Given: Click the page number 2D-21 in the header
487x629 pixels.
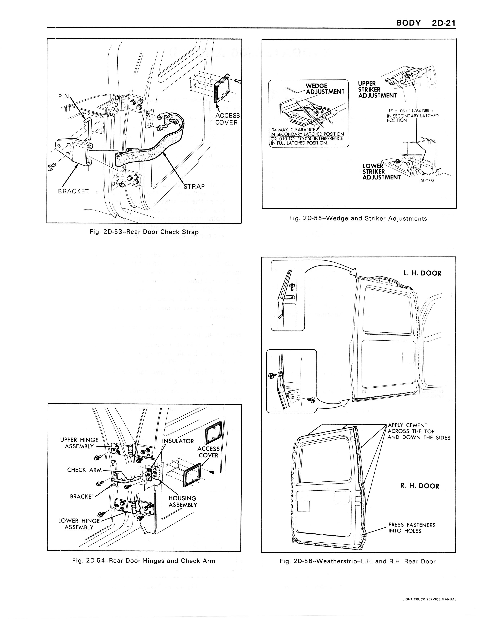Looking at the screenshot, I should pos(443,23).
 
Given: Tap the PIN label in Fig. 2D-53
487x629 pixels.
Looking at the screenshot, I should pos(64,96).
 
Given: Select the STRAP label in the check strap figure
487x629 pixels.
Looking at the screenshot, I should pos(194,186).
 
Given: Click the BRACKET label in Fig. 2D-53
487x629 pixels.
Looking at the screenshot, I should pos(73,191).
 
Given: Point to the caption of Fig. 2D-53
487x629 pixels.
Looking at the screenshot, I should pos(144,232).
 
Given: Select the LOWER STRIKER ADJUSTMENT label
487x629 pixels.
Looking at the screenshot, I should pos(381,172).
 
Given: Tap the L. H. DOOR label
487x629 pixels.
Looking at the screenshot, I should pos(422,273).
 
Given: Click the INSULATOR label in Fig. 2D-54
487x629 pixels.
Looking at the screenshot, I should pos(178,441).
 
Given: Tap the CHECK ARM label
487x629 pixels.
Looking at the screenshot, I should pos(85,470).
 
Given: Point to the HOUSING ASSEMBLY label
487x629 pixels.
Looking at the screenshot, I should pos(183,501).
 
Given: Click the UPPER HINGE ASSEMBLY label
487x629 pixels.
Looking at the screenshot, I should pos(79,443).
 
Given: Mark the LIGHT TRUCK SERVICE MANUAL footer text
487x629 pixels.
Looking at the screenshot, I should pos(429,599).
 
